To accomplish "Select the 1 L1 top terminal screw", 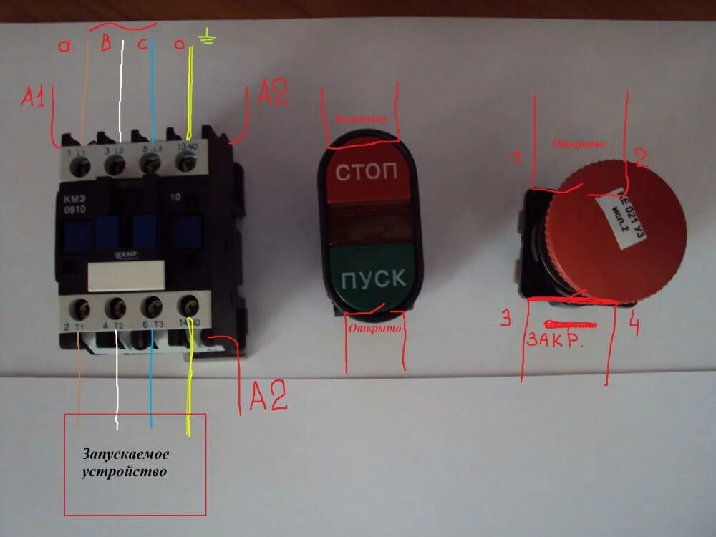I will [81, 166].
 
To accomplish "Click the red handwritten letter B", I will [105, 44].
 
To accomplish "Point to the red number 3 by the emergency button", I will [506, 319].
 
